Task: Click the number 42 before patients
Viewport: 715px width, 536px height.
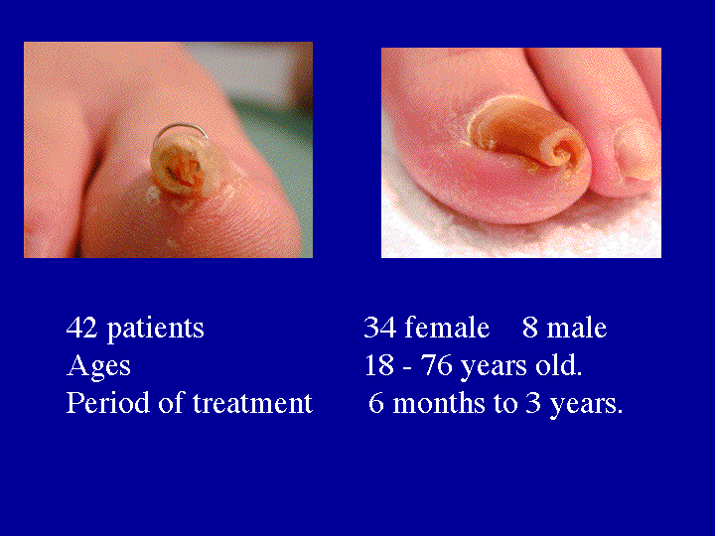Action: tap(82, 329)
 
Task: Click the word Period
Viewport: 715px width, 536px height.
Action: tap(101, 404)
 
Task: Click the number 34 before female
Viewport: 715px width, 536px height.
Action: tap(379, 329)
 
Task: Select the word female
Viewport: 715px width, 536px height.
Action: tap(446, 329)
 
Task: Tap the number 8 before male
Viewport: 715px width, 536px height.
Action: tap(529, 329)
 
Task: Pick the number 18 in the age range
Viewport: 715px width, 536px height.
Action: tap(379, 366)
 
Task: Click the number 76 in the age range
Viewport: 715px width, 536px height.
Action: tap(434, 366)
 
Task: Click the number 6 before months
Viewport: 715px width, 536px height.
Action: tap(375, 404)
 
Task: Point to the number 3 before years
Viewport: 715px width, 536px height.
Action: tap(533, 404)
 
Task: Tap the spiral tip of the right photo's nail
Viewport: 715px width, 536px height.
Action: tap(568, 154)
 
